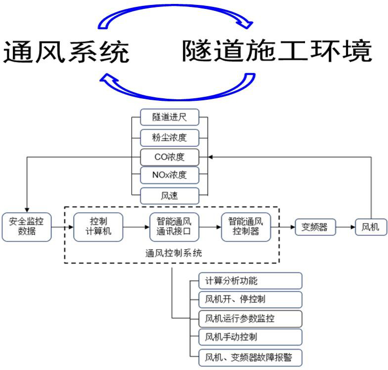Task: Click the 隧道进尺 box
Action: pos(170,117)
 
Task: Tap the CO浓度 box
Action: pos(170,157)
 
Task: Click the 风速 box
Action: pos(170,196)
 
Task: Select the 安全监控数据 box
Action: pos(27,227)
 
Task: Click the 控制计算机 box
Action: pos(98,227)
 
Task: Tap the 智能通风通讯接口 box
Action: pos(173,227)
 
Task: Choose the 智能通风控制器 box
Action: pos(246,227)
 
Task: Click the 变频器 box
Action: pos(315,227)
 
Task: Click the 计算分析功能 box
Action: pos(250,281)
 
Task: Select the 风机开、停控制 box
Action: pos(250,299)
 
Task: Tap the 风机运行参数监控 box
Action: pos(250,319)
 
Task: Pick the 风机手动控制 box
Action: pos(250,337)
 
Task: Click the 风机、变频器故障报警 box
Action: pos(250,356)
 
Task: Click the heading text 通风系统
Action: pos(66,52)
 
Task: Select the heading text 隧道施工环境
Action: pos(276,51)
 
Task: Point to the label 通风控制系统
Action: pos(173,252)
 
